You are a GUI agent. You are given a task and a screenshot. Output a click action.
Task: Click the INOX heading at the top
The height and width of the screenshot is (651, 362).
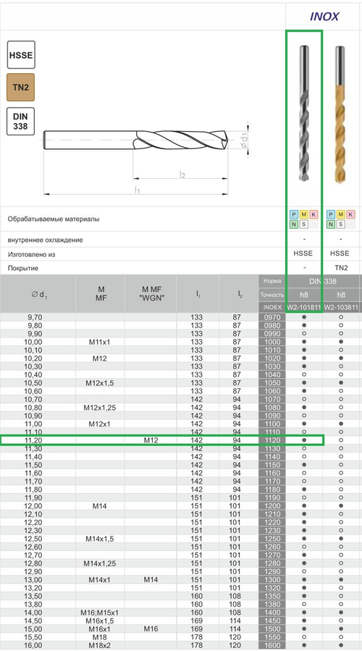[x=324, y=17]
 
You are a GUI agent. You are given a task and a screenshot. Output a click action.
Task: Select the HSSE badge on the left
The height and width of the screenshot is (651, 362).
[x=20, y=55]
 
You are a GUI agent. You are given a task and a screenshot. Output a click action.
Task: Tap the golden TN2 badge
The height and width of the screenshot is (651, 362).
[x=20, y=87]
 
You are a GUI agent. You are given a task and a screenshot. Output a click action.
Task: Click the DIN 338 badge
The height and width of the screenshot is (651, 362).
[x=20, y=120]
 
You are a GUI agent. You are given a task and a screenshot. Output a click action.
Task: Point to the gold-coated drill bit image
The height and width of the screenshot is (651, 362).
[x=340, y=116]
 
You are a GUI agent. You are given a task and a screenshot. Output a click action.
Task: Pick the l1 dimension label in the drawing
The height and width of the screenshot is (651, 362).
[x=137, y=190]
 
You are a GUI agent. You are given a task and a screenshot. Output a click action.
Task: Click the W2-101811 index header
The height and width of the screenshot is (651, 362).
[x=304, y=307]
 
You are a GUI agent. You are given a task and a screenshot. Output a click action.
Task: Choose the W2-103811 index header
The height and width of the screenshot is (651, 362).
[x=341, y=307]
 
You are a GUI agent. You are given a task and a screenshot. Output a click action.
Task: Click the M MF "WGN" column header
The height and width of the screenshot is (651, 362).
[x=151, y=293]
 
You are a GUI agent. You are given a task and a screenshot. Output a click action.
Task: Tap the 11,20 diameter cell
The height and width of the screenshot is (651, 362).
[x=33, y=440]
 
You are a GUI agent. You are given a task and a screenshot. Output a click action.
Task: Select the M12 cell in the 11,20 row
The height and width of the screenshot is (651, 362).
[x=151, y=440]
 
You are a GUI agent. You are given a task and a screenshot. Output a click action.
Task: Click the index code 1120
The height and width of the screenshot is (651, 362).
[x=272, y=440]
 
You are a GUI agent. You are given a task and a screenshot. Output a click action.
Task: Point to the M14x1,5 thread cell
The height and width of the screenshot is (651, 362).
[x=101, y=539]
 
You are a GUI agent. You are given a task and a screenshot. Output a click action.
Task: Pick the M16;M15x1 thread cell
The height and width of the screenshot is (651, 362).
[x=101, y=613]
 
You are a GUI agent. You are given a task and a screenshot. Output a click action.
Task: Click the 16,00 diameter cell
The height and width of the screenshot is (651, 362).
[x=33, y=645]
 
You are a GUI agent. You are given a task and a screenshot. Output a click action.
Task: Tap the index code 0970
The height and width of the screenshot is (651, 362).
[x=272, y=317]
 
